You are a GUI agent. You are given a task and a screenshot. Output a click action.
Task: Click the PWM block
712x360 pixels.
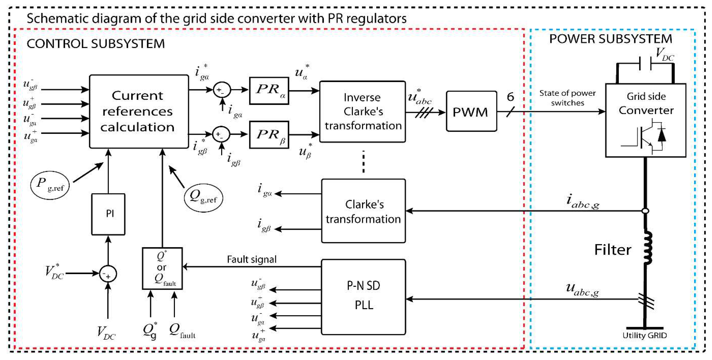(x=471, y=111)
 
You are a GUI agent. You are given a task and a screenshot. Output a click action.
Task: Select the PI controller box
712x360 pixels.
(x=108, y=214)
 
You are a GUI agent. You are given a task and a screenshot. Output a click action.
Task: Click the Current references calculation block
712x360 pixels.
(x=139, y=111)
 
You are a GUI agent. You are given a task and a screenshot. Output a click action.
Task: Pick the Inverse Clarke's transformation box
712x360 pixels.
(x=362, y=112)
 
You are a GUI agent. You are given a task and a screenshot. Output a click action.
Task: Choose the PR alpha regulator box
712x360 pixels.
(x=269, y=91)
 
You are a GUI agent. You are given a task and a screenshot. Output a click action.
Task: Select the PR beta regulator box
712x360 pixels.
(x=269, y=135)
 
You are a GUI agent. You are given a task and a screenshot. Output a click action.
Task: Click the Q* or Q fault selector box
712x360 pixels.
(x=162, y=268)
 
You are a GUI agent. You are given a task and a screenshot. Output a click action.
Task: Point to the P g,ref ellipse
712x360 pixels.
(x=50, y=185)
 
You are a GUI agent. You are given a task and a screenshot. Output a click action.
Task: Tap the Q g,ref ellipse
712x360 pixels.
(x=203, y=198)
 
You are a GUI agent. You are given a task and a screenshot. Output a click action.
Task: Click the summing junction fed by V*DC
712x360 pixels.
(x=108, y=274)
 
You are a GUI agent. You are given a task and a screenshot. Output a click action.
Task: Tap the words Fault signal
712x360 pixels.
(x=252, y=260)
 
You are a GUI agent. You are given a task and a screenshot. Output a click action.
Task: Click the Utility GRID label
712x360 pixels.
(x=645, y=335)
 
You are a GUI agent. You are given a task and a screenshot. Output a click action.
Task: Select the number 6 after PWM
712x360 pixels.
(x=510, y=97)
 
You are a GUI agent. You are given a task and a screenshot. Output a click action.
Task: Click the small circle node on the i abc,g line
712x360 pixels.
(x=645, y=211)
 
